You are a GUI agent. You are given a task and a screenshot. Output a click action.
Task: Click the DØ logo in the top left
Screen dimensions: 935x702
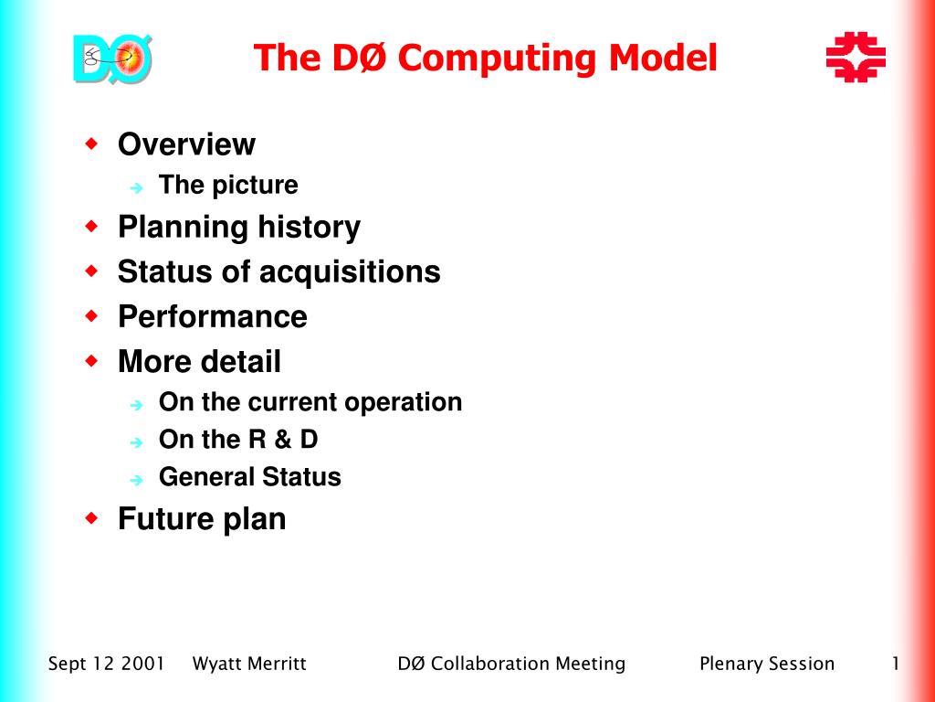[x=112, y=58]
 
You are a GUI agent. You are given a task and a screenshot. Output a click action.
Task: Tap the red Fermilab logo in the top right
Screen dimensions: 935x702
[x=856, y=57]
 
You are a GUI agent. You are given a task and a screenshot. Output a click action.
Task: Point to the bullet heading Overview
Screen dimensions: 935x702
[x=186, y=144]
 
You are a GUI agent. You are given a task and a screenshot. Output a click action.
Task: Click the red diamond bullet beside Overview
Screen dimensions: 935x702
[x=92, y=144]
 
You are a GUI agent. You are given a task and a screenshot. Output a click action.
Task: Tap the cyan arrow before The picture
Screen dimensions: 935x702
[x=137, y=188]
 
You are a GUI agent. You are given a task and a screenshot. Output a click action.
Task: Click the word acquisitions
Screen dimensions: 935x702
[x=350, y=272]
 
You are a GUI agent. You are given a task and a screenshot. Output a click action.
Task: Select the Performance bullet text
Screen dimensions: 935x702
[x=212, y=316]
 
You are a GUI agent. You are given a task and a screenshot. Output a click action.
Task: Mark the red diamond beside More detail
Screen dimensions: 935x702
[x=92, y=360]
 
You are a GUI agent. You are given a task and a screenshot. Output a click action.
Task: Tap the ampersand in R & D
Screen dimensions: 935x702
[x=283, y=440]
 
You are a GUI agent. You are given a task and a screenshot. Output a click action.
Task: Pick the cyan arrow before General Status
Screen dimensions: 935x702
[x=137, y=479]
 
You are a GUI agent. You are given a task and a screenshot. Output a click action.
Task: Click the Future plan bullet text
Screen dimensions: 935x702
[x=202, y=519]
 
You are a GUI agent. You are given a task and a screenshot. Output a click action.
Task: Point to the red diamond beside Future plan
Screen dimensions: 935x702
[x=92, y=517]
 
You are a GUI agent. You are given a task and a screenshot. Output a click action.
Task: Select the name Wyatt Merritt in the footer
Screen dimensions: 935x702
[x=249, y=664]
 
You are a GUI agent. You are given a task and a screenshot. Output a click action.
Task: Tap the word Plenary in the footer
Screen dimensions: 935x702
[x=730, y=664]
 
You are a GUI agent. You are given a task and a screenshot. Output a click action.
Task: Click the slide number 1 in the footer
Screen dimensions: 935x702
[x=896, y=664]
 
